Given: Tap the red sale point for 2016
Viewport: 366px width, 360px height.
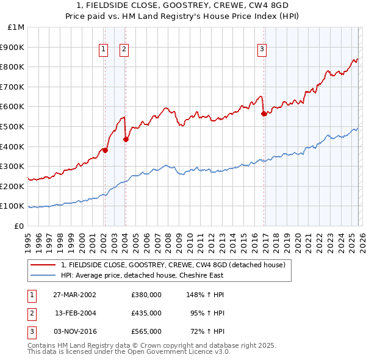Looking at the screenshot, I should tap(264, 113).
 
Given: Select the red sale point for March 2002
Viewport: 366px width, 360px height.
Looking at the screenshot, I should tap(105, 150).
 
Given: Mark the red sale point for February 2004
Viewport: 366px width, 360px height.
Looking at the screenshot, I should tap(126, 139).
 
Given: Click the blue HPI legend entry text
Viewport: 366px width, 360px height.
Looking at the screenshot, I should tap(143, 275).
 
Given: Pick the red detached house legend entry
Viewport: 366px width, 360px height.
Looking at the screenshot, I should tap(173, 265).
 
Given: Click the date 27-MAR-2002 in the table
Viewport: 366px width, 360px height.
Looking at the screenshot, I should tap(75, 295).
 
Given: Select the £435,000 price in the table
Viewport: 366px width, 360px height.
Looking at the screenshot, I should tap(146, 313).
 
